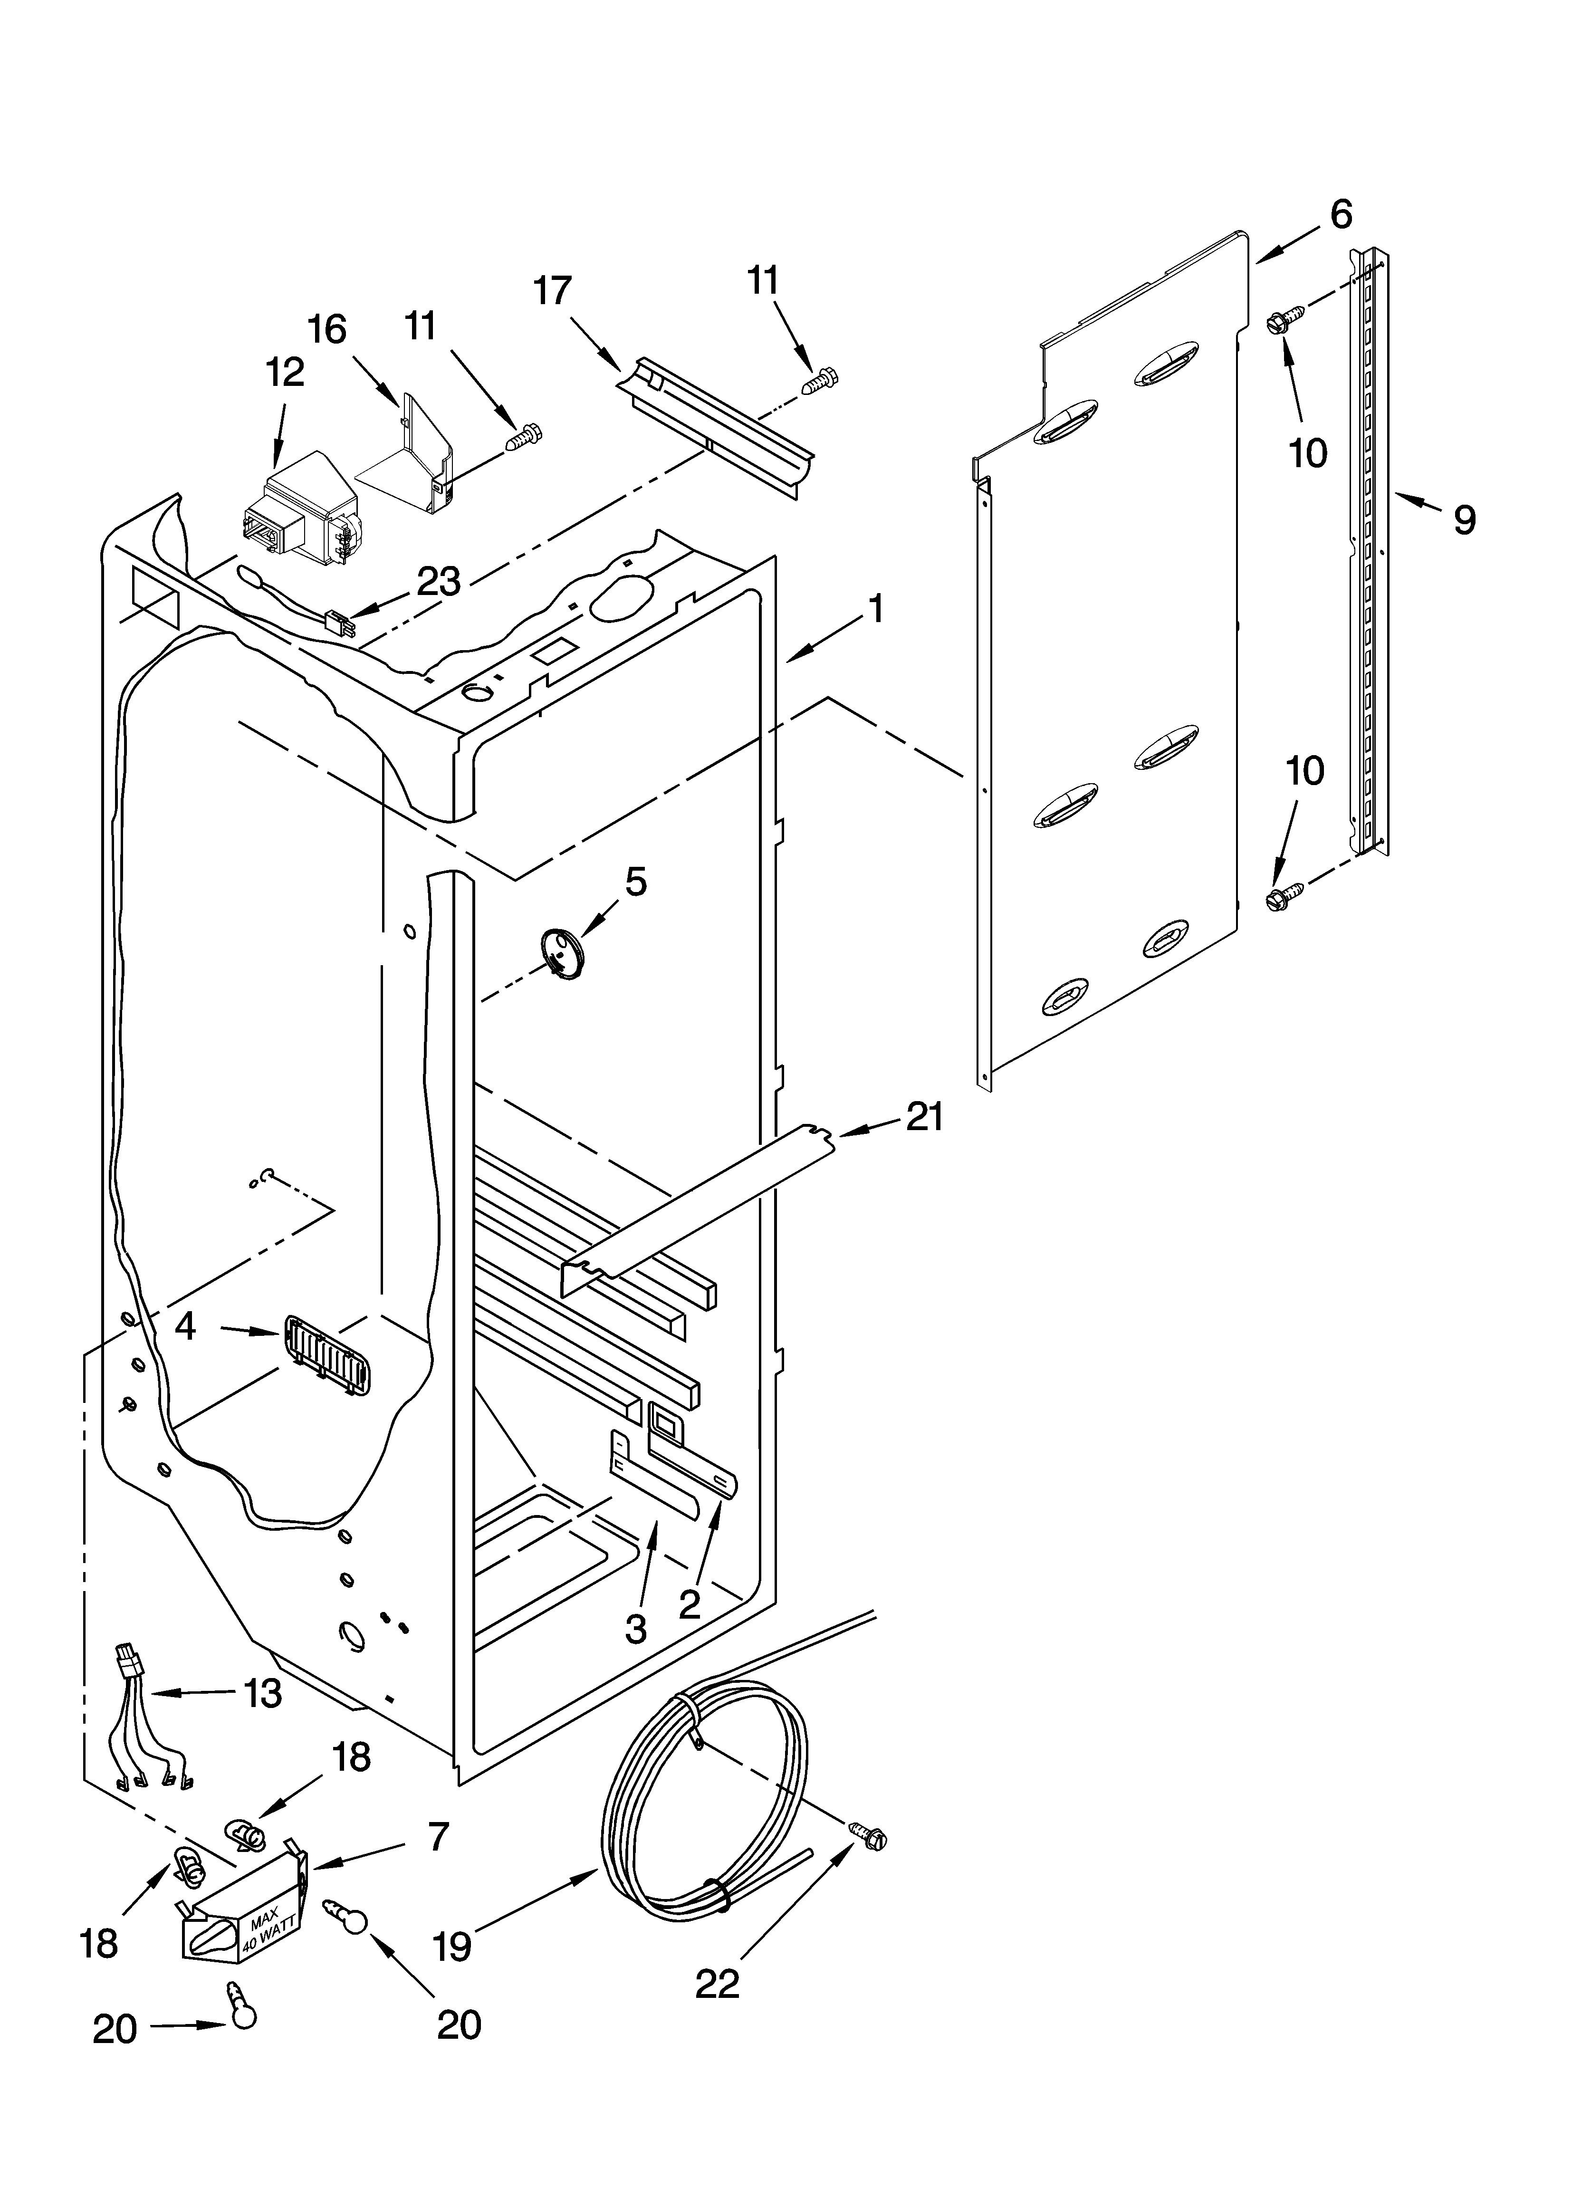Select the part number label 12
(x=285, y=372)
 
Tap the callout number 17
(x=552, y=291)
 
